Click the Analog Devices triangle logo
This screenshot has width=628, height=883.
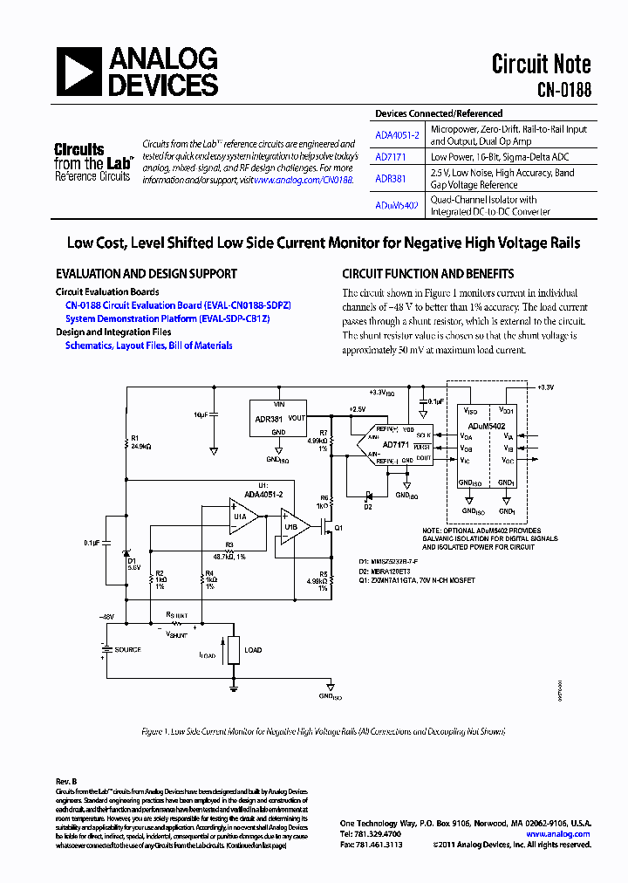pos(79,72)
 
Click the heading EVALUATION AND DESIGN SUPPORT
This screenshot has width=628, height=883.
pos(146,273)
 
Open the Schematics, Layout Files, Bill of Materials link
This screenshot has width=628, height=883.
pos(148,346)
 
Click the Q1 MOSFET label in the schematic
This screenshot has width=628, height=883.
pos(339,528)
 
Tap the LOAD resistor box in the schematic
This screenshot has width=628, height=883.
pos(233,650)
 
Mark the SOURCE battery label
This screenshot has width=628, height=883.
pos(127,650)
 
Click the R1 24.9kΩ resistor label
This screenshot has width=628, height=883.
pos(140,442)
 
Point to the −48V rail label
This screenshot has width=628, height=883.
pos(106,616)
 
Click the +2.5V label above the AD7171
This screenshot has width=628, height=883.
pos(358,408)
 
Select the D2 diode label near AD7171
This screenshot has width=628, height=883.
pos(368,505)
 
